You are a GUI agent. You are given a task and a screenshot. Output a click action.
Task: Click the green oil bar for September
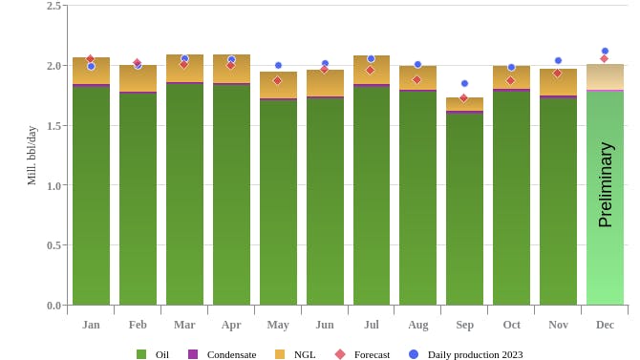point(464,210)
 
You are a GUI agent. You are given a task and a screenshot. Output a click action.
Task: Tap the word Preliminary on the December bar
point(605,184)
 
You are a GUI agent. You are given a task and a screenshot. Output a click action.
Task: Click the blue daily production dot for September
point(464,83)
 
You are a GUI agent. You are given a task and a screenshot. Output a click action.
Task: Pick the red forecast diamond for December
point(604,58)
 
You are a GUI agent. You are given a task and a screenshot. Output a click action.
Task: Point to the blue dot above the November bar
point(558,60)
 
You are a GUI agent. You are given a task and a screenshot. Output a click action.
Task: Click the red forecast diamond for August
point(416,79)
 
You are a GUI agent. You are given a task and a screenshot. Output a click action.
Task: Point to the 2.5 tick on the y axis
point(53,6)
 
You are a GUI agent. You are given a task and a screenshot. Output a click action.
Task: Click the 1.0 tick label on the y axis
point(53,185)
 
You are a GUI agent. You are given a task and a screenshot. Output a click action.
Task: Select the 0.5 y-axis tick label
point(53,245)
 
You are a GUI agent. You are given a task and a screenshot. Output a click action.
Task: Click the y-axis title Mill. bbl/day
point(31,155)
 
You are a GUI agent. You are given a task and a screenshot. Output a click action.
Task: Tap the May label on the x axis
point(278,325)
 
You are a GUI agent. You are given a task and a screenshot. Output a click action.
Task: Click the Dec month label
point(605,325)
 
